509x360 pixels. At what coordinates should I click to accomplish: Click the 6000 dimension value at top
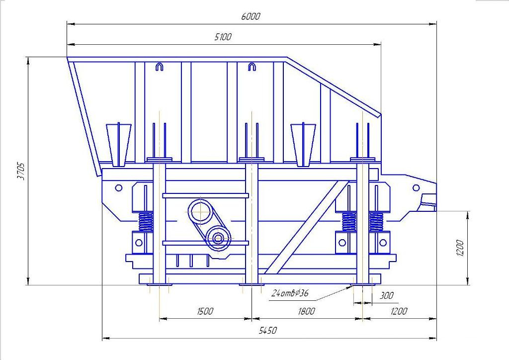251,16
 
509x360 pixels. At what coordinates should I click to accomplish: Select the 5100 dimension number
223,37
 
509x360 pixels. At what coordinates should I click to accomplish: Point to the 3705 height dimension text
21,172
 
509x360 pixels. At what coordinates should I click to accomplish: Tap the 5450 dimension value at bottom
268,331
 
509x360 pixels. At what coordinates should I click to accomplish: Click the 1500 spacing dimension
205,311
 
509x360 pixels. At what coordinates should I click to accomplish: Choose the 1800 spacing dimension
306,311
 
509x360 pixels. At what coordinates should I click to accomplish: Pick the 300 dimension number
386,295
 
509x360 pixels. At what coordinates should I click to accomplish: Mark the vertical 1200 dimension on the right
460,248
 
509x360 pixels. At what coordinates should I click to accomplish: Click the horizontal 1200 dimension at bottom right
398,311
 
